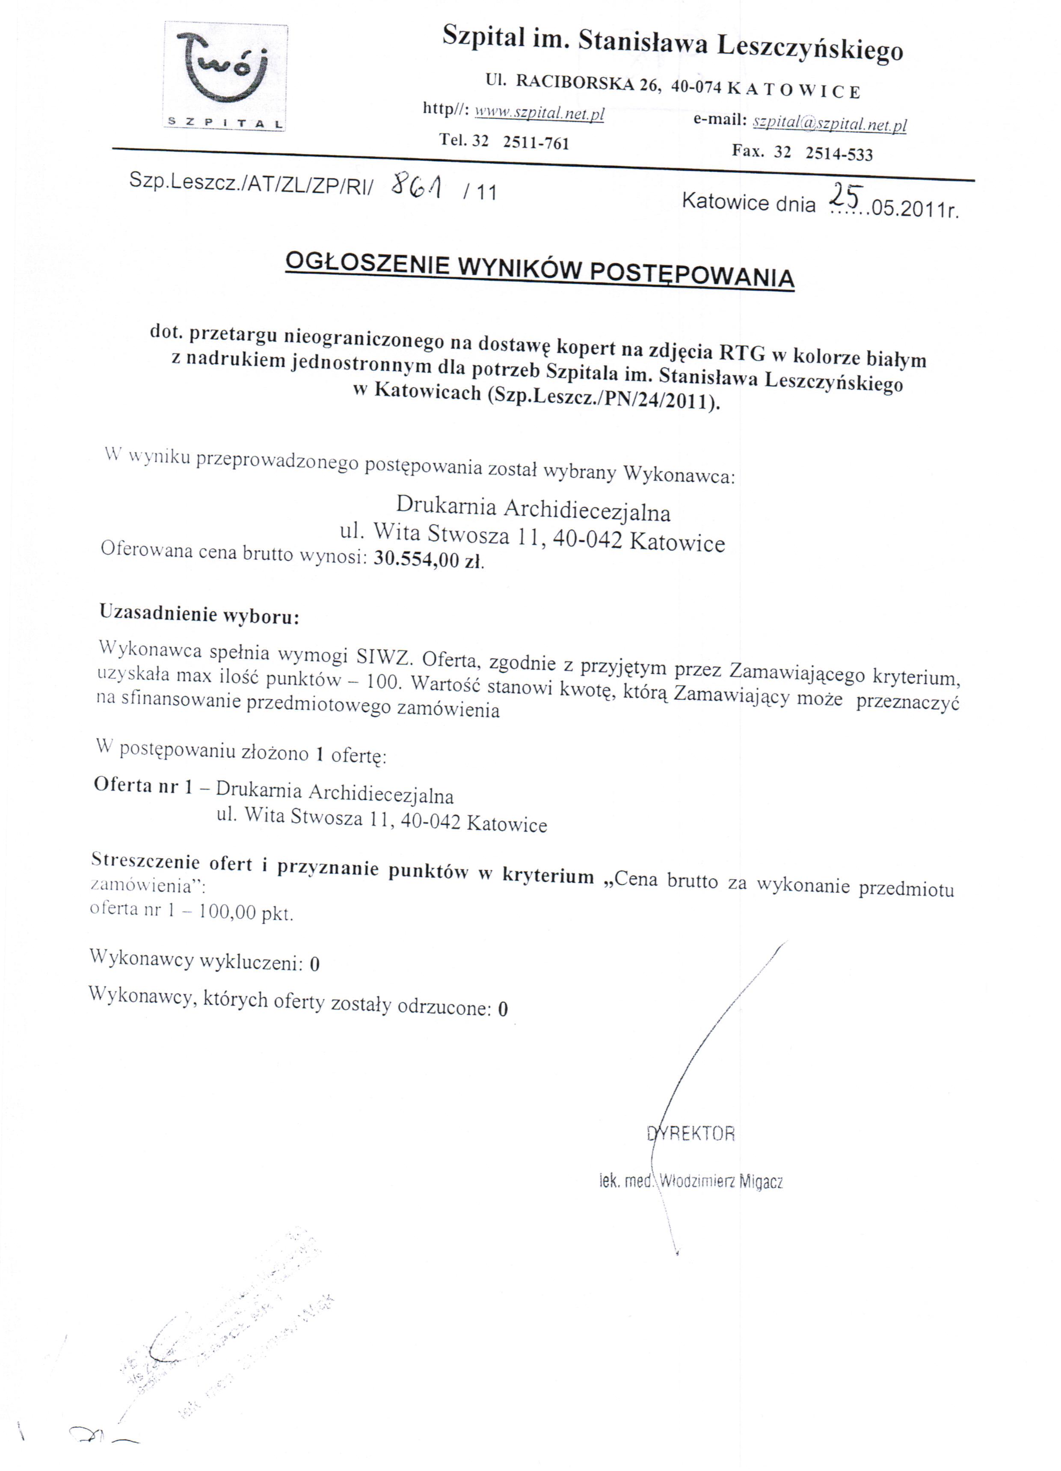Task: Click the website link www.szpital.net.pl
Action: pyautogui.click(x=539, y=115)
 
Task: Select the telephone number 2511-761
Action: pyautogui.click(x=536, y=143)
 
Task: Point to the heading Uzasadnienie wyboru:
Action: pyautogui.click(x=199, y=614)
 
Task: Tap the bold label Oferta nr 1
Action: pyautogui.click(x=143, y=785)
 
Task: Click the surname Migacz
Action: pyautogui.click(x=761, y=1181)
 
